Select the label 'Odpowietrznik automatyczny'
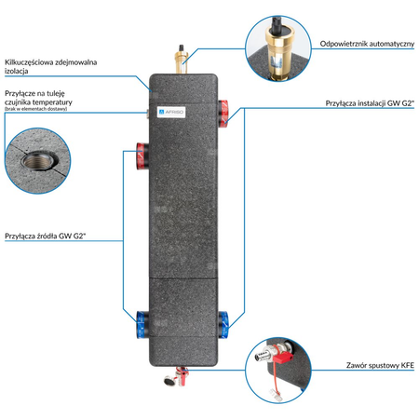pos(359,44)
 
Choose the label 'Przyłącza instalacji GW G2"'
pos(368,103)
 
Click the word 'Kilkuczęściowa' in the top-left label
pos(31,61)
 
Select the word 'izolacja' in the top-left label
pos(18,70)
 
